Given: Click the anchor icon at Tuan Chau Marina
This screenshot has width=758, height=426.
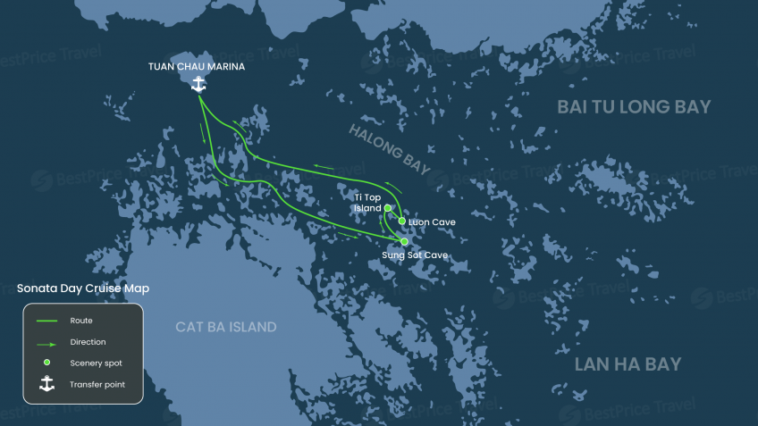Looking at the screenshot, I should (x=198, y=84).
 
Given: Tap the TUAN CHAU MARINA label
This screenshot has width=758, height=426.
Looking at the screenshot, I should (x=197, y=66).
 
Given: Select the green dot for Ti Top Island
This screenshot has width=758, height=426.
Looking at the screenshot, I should (x=388, y=208).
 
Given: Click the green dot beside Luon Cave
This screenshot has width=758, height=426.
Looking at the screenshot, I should (x=402, y=221).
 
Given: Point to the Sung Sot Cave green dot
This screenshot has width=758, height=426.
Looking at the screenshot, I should (x=404, y=241).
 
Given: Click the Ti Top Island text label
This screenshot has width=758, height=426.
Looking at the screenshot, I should (x=366, y=203).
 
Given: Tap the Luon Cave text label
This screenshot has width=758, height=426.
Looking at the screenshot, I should (x=432, y=221).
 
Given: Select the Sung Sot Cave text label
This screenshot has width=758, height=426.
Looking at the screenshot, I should (x=414, y=255).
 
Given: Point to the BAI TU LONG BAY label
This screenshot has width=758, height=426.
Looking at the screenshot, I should (x=634, y=107).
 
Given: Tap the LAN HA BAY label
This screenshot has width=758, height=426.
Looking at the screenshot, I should (x=627, y=364).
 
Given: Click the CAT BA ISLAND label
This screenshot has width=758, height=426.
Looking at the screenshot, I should (x=225, y=327).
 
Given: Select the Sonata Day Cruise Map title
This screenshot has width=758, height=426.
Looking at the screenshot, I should (x=83, y=288).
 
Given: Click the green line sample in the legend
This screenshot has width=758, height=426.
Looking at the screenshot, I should (x=46, y=321).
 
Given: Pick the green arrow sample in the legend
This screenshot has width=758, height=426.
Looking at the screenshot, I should (x=46, y=342).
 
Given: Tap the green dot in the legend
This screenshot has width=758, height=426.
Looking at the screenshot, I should (x=46, y=363).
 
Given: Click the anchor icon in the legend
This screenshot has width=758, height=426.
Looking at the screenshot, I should (x=46, y=384).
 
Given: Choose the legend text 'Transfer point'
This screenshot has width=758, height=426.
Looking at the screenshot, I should (x=97, y=385).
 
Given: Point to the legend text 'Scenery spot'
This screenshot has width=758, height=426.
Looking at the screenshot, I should (x=96, y=363).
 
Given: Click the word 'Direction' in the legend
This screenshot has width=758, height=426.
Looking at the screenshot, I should (x=88, y=342).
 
